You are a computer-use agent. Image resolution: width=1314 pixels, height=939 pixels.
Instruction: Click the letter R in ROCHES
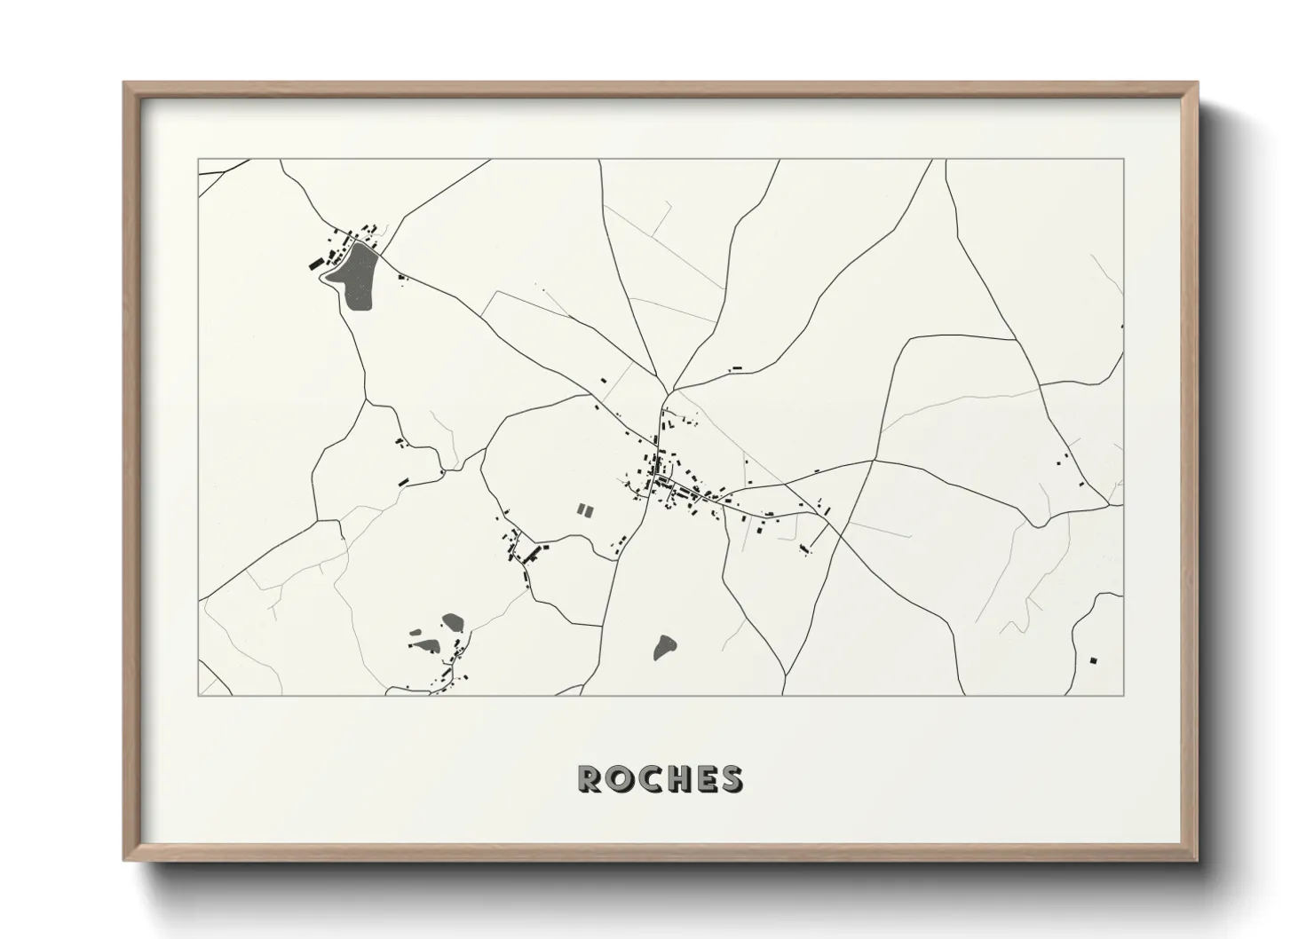pyautogui.click(x=590, y=778)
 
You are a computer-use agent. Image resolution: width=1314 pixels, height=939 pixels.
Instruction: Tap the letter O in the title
pyautogui.click(x=618, y=778)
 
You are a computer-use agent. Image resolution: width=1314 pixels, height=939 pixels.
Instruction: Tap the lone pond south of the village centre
pyautogui.click(x=663, y=647)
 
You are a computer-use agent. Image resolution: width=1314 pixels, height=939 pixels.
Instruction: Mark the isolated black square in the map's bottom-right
pyautogui.click(x=1094, y=659)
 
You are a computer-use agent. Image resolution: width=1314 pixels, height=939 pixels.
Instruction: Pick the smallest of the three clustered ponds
pyautogui.click(x=416, y=634)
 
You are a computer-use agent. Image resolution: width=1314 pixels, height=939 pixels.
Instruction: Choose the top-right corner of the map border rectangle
pyautogui.click(x=1124, y=159)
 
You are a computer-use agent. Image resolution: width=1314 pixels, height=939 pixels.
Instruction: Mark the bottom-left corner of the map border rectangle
pyautogui.click(x=198, y=695)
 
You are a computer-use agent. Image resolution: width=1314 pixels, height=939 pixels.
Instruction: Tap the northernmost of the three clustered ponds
pyautogui.click(x=453, y=620)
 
